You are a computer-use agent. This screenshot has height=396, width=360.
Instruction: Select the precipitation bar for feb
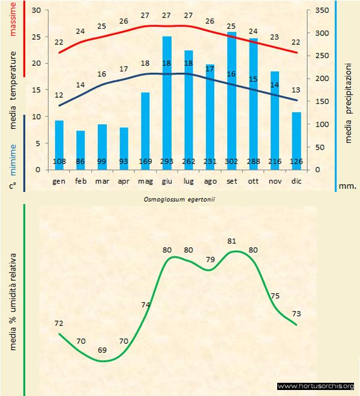pyautogui.click(x=80, y=150)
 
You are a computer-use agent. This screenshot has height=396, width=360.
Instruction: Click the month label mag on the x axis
pyautogui.click(x=145, y=181)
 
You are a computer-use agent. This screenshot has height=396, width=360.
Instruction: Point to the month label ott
pyautogui.click(x=253, y=181)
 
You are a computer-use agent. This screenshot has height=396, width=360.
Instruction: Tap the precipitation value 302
pyautogui.click(x=232, y=161)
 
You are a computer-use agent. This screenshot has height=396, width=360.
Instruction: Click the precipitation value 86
pyautogui.click(x=80, y=161)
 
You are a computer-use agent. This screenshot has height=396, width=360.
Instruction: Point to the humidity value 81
pyautogui.click(x=232, y=241)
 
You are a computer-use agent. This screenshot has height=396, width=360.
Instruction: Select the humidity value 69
pyautogui.click(x=103, y=350)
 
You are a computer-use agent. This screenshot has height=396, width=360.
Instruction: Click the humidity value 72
pyautogui.click(x=59, y=323)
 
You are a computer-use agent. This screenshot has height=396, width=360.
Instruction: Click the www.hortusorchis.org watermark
pyautogui.click(x=316, y=386)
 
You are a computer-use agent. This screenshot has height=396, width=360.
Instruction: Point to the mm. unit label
pyautogui.click(x=348, y=186)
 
